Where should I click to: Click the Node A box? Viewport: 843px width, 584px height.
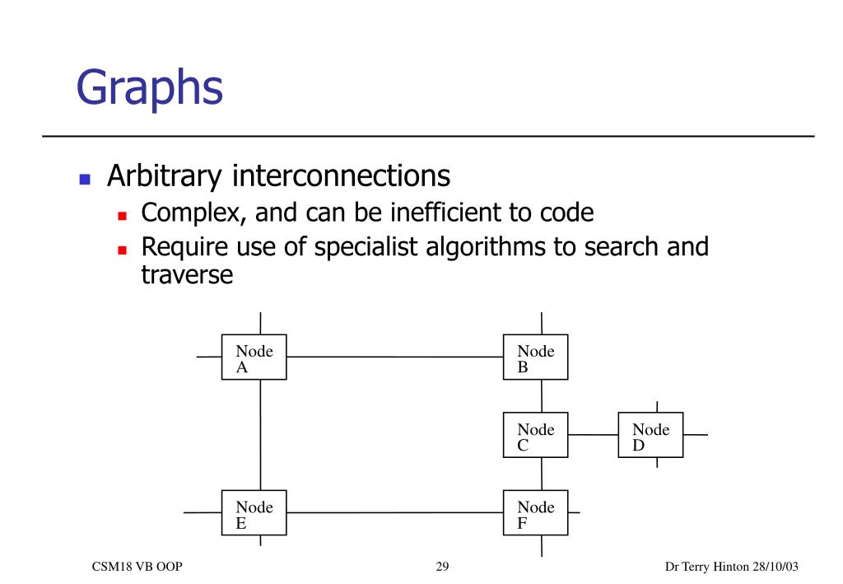coord(254,357)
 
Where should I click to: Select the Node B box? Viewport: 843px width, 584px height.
coord(535,357)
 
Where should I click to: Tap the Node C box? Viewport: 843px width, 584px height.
coord(535,435)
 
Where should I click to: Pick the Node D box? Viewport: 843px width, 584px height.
coord(650,435)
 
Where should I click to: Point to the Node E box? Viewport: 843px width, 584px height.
coord(254,512)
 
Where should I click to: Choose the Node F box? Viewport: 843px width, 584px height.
coord(535,512)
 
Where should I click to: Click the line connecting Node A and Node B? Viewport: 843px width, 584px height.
coord(395,357)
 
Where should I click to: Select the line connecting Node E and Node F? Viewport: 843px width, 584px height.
coord(395,512)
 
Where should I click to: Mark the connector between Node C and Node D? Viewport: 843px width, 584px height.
coord(593,434)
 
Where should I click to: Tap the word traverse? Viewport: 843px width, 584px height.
coord(187,274)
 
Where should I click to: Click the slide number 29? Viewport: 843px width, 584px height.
coord(442,567)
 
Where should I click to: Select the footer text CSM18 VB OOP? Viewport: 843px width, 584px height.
coord(137,567)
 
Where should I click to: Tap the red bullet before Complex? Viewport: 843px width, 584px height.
coord(122,216)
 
